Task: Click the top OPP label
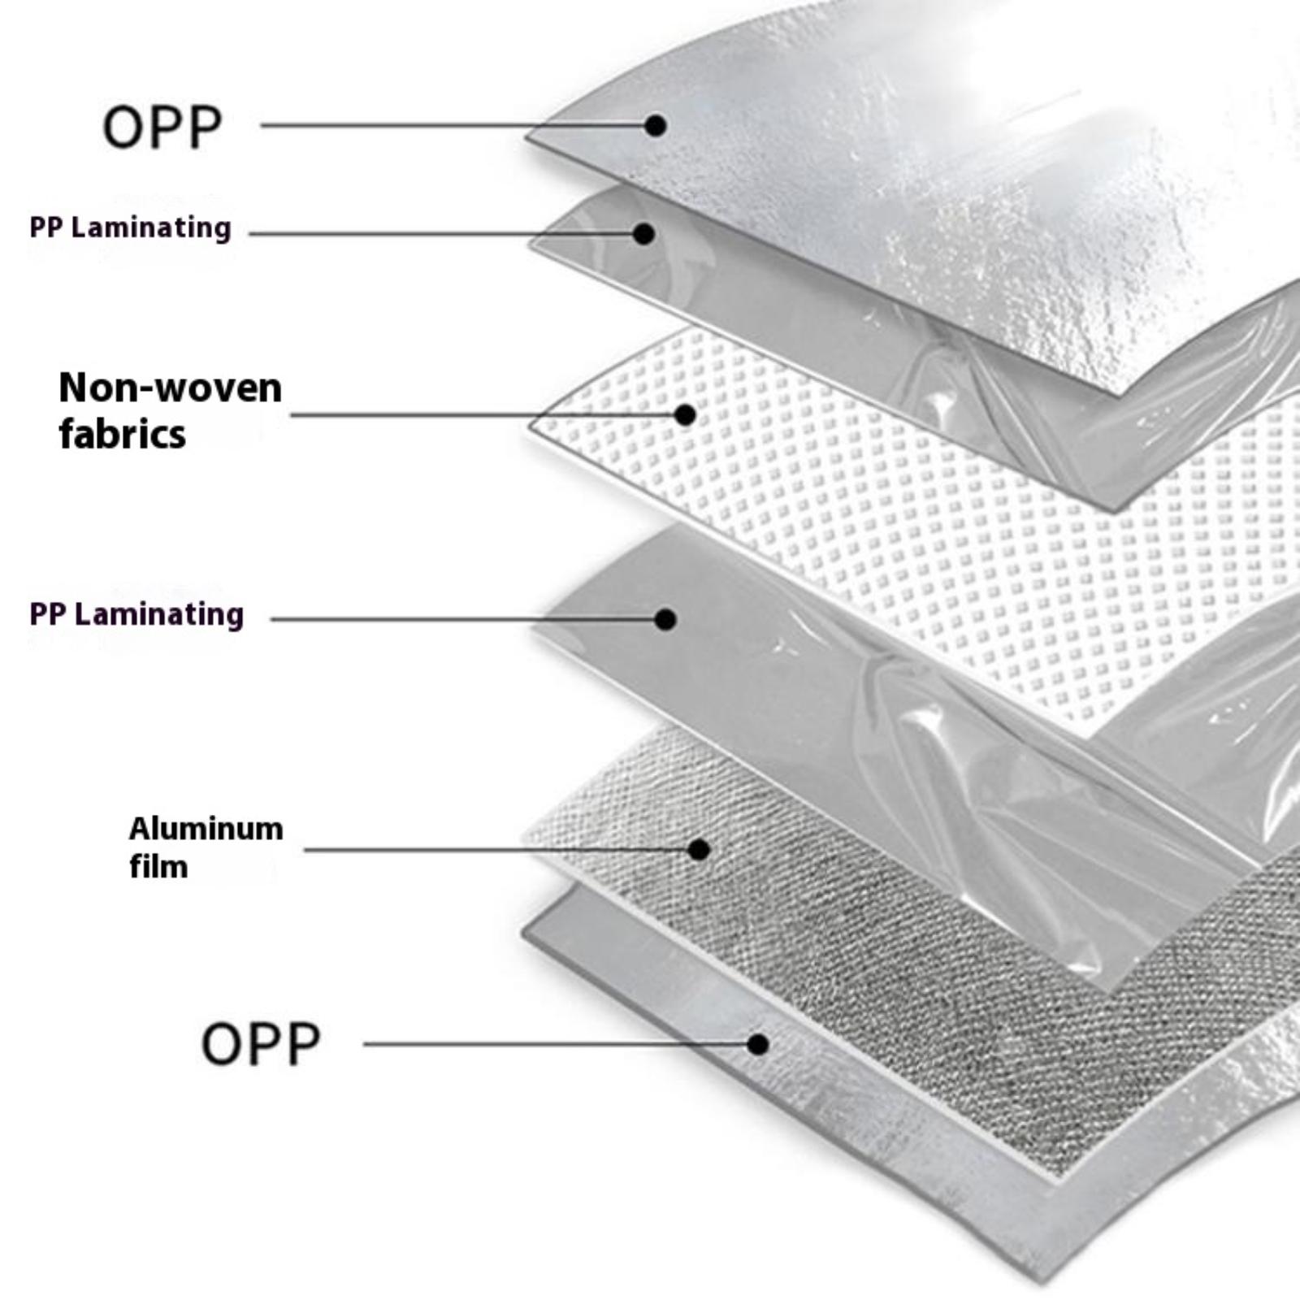(x=162, y=127)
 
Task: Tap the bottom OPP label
(x=261, y=1044)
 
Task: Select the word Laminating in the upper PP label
(x=151, y=228)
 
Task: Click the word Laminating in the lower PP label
(x=158, y=615)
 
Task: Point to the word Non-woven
(x=171, y=388)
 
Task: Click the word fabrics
(x=123, y=434)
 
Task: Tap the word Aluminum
(x=206, y=829)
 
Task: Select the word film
(x=158, y=867)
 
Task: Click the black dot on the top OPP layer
(x=656, y=125)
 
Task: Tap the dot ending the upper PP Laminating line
(x=644, y=234)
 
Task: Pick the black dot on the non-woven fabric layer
(x=685, y=415)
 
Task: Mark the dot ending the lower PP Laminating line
(x=665, y=619)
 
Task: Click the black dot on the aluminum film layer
(x=699, y=850)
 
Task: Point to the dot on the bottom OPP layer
(x=758, y=1044)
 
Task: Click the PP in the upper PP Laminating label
(x=45, y=228)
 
